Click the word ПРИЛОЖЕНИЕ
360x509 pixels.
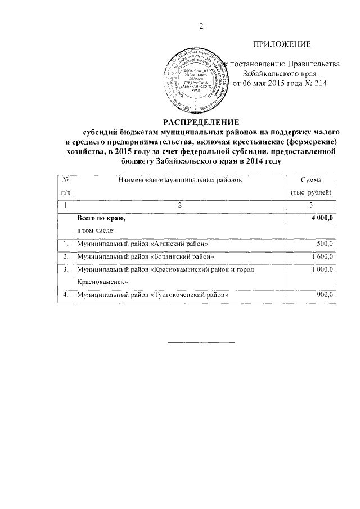point(282,44)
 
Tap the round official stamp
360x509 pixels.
point(194,77)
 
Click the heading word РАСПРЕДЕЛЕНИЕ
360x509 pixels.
point(201,122)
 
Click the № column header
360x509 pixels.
point(66,180)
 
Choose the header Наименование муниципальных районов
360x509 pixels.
point(180,180)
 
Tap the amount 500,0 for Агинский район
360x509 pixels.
point(325,244)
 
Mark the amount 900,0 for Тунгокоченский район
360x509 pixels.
point(325,295)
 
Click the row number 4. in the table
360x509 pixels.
point(66,295)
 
